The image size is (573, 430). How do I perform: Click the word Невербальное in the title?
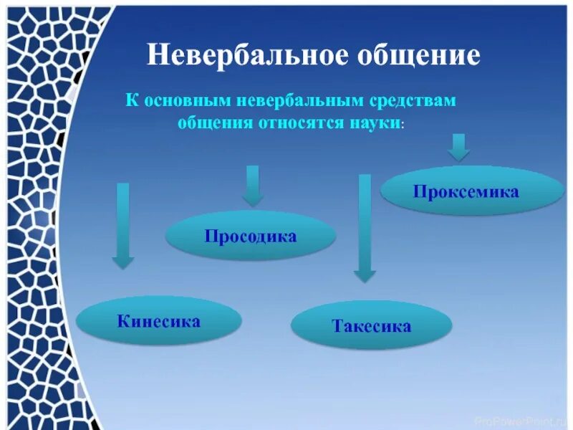[244, 56]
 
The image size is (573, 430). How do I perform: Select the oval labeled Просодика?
[251, 236]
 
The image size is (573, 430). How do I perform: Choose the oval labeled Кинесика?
[158, 320]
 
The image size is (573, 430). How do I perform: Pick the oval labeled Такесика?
[371, 326]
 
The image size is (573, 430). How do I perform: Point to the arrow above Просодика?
[252, 186]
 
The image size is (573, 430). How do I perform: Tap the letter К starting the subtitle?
[133, 101]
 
